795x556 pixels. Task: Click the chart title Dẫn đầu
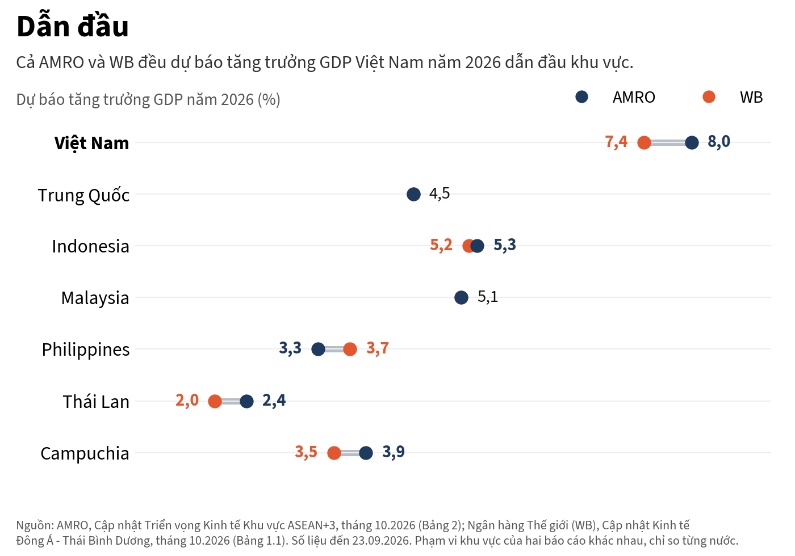coord(73,26)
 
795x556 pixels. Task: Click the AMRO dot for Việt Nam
coord(692,142)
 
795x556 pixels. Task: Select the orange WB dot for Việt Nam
coord(644,142)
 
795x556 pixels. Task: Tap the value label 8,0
coord(719,141)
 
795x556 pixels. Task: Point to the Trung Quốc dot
coord(413,194)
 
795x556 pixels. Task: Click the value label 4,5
coord(440,193)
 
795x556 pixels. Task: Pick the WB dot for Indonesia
coord(469,246)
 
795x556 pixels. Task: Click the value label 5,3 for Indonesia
coord(505,245)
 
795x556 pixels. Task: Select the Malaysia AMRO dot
coord(461,297)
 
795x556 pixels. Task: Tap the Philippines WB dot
coord(350,349)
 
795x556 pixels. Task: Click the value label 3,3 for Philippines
coord(290,348)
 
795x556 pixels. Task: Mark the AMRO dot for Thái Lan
coord(246,402)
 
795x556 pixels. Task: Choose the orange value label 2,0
coord(187,401)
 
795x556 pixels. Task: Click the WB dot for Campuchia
coord(334,453)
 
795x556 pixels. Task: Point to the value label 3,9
coord(393,452)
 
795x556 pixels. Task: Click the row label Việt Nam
coord(91,143)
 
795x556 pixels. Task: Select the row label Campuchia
coord(85,453)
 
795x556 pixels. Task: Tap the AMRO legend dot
coord(581,97)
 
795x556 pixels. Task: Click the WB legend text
coord(751,98)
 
